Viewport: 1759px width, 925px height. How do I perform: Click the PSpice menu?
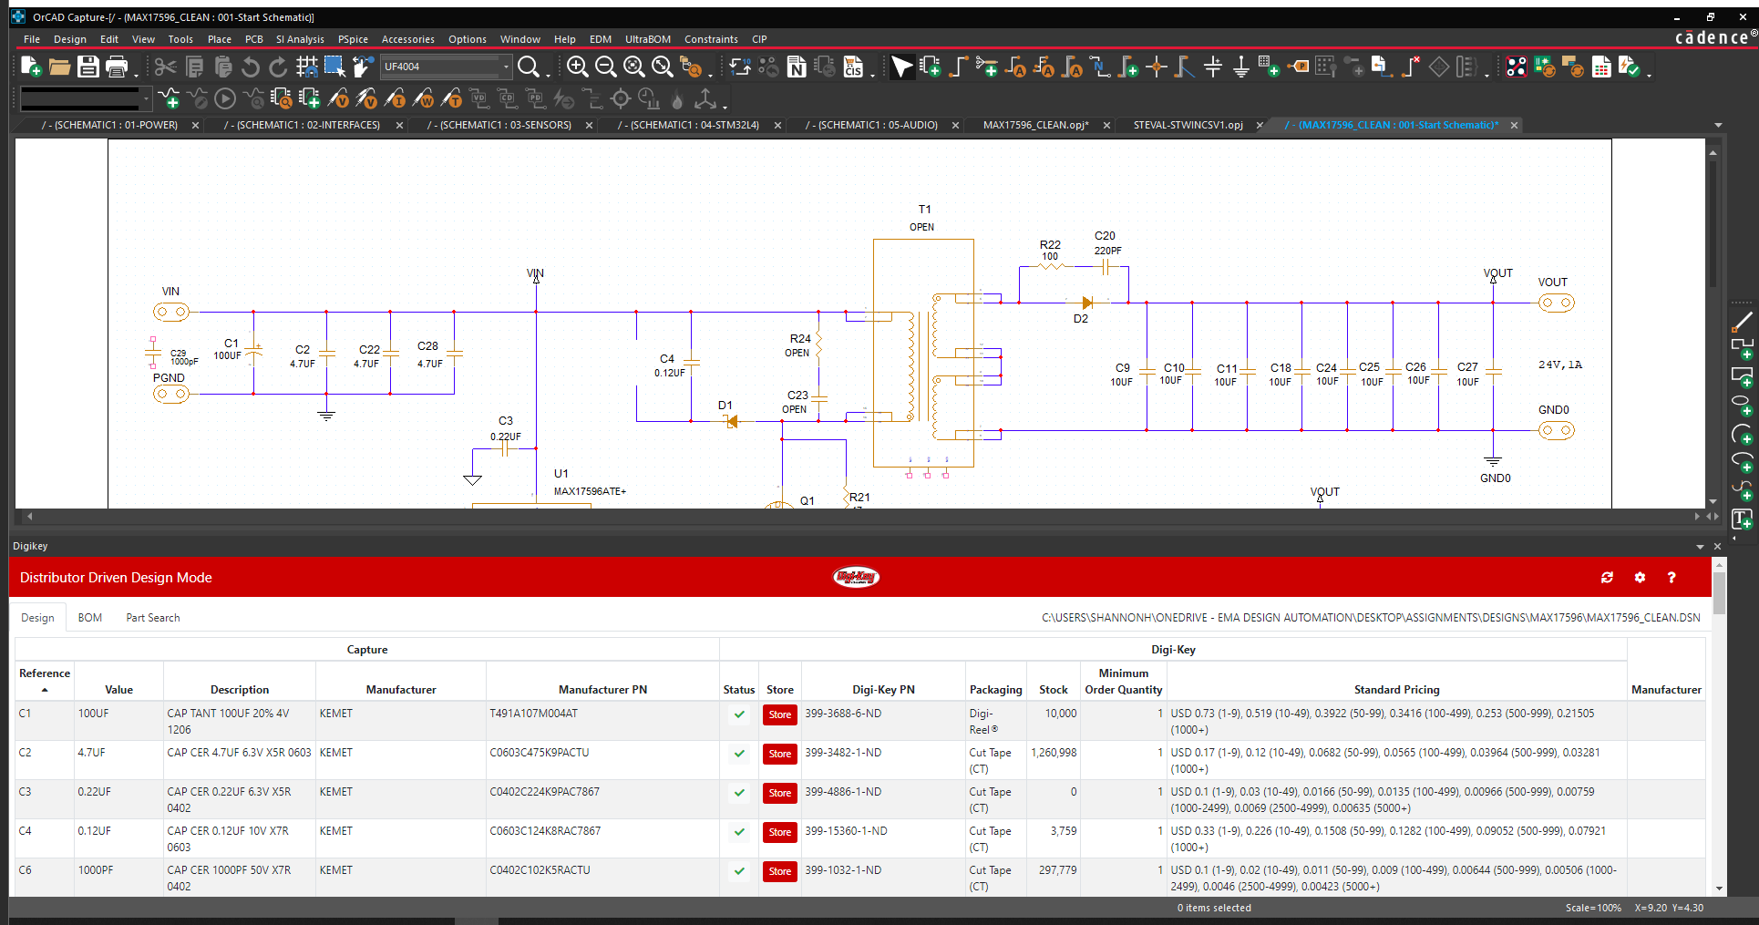(353, 39)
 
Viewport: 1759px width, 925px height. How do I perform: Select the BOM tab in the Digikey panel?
(90, 618)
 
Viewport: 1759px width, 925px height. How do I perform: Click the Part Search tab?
(153, 618)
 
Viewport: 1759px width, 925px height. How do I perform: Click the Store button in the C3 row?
(780, 793)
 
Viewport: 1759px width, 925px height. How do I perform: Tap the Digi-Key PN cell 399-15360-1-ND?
(846, 831)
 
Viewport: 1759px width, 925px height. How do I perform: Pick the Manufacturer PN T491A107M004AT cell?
(534, 714)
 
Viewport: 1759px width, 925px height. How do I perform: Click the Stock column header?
(1054, 690)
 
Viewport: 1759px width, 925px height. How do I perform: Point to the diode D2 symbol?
(1086, 303)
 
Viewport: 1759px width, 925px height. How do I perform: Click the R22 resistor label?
(1050, 244)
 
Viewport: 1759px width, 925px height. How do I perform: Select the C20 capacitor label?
(1105, 235)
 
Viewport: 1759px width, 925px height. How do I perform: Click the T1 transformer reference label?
(925, 209)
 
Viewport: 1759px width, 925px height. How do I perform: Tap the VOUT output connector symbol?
(1557, 303)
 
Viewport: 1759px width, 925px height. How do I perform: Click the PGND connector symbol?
(171, 394)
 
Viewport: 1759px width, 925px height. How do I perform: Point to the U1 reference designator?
(561, 473)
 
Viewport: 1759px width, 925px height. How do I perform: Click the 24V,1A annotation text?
(1560, 365)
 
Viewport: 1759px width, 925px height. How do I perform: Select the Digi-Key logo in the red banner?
(857, 577)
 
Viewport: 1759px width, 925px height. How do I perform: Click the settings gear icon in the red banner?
(1640, 578)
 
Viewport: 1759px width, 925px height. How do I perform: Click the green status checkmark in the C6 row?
(739, 871)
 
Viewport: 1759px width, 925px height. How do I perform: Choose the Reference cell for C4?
(26, 831)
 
